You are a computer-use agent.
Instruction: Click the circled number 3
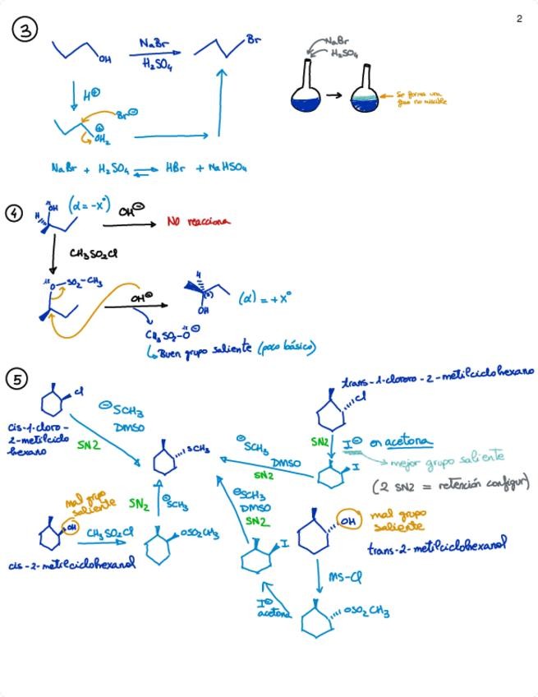tap(24, 30)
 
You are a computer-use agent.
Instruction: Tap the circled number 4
tap(14, 214)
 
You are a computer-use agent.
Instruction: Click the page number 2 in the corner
tap(519, 19)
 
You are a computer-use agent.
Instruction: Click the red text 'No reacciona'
tap(198, 221)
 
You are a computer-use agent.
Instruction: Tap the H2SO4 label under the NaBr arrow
tap(157, 63)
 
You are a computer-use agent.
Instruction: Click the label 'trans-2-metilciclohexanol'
tap(435, 545)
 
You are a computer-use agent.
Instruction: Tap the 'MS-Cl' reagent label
tap(344, 576)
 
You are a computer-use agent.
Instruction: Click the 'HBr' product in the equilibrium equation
tap(175, 168)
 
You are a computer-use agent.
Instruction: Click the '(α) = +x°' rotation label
tap(264, 298)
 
